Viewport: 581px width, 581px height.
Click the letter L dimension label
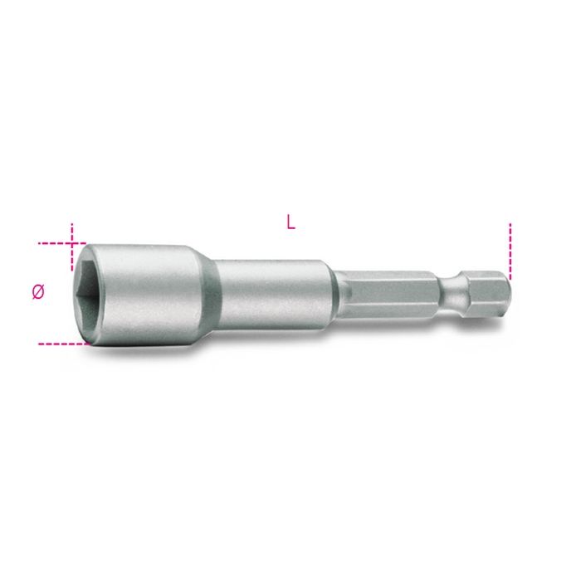pyautogui.click(x=291, y=222)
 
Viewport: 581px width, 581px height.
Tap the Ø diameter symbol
pyautogui.click(x=38, y=292)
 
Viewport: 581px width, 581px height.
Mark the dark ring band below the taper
pyautogui.click(x=217, y=295)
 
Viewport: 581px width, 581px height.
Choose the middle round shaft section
pyautogui.click(x=274, y=294)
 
